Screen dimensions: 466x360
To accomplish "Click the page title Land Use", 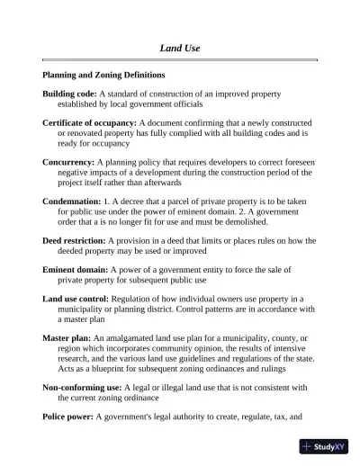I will [179, 47].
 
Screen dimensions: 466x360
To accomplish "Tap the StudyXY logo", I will [327, 445].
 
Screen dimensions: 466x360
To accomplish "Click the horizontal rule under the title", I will [179, 59].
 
